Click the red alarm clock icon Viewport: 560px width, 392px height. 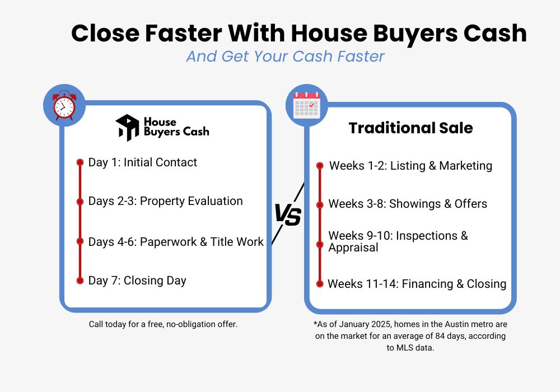coord(64,106)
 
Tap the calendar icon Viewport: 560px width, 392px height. coord(306,105)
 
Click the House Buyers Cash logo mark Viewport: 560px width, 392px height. coord(127,128)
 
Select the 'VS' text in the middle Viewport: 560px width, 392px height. coord(287,215)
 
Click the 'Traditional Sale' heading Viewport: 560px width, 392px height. coord(410,128)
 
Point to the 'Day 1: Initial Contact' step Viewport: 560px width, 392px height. coord(143,162)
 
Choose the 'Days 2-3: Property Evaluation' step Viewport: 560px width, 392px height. coord(166,201)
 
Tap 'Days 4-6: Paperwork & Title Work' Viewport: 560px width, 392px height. coord(176,242)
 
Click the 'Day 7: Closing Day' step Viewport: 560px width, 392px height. coord(137,281)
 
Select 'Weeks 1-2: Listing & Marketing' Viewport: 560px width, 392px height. coord(410,166)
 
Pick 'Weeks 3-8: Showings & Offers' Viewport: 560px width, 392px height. coord(408,204)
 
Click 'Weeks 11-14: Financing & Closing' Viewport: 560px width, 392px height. coord(417,284)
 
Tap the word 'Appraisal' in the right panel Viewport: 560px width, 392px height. coord(353,248)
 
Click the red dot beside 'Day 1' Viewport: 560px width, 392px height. coord(80,162)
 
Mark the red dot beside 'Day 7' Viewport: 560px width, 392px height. coord(80,281)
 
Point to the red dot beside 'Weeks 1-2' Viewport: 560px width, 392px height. coord(320,166)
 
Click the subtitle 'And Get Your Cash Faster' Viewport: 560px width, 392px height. coord(285,57)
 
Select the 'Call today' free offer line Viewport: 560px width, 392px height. coord(164,324)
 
